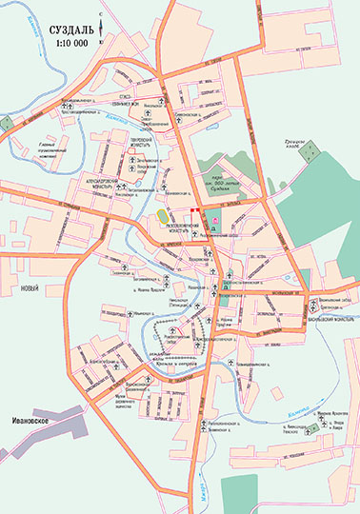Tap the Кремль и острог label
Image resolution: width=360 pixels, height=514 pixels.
171,363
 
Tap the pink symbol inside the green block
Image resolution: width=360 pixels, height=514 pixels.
215,223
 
